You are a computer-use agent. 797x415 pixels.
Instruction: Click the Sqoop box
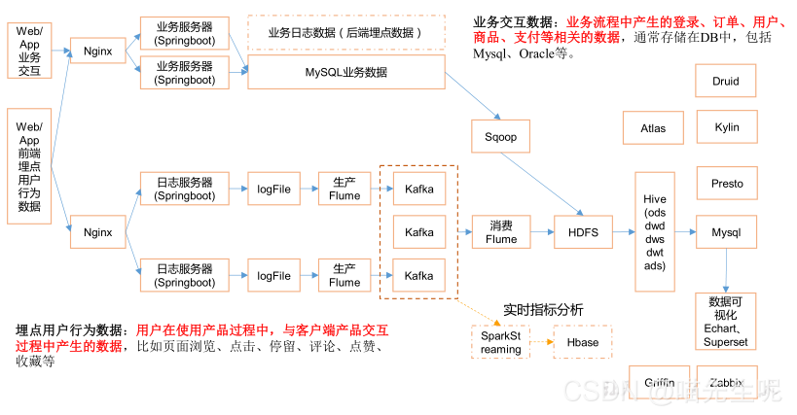pyautogui.click(x=501, y=138)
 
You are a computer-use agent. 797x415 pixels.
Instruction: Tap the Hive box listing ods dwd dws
pyautogui.click(x=655, y=232)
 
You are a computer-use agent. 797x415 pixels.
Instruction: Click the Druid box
pyautogui.click(x=726, y=81)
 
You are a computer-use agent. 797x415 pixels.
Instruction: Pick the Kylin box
pyautogui.click(x=726, y=127)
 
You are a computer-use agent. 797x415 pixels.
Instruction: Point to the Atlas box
pyautogui.click(x=653, y=127)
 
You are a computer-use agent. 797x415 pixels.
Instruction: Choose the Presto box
pyautogui.click(x=726, y=183)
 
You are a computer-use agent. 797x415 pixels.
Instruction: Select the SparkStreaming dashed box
pyautogui.click(x=501, y=342)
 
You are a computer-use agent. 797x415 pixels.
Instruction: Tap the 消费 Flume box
pyautogui.click(x=501, y=232)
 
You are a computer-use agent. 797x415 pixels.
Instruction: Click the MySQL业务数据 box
pyautogui.click(x=345, y=73)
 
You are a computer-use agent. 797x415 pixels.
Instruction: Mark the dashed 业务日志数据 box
pyautogui.click(x=345, y=32)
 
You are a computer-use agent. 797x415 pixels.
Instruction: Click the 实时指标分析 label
pyautogui.click(x=543, y=309)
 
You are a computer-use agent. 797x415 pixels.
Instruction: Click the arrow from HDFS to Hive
pyautogui.click(x=623, y=232)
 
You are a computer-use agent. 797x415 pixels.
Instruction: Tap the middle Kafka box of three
pyautogui.click(x=419, y=232)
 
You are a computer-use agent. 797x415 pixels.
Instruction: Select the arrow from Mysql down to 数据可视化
pyautogui.click(x=726, y=270)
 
